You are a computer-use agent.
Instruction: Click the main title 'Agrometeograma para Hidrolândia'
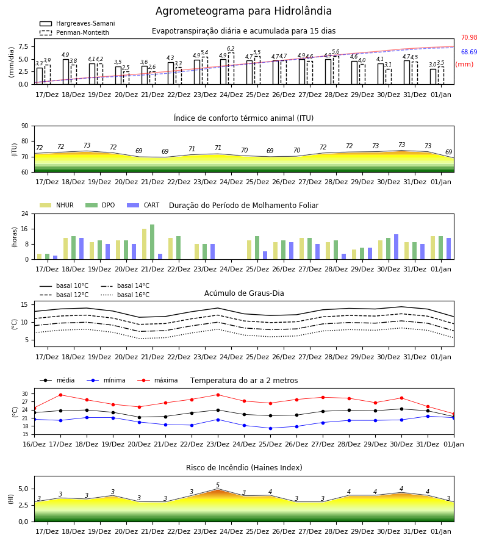coord(243,11)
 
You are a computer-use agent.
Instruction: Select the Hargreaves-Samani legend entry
coord(77,23)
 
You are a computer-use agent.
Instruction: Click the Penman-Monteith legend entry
coord(74,32)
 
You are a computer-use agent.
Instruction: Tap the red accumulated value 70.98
coord(469,37)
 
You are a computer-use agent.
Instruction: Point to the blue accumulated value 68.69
coord(469,52)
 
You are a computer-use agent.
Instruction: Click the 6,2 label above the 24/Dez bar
coord(231,49)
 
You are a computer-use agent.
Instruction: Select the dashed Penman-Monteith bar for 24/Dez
coord(231,68)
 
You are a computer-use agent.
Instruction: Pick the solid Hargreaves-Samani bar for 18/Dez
coord(66,72)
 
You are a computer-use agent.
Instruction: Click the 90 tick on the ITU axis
coord(25,126)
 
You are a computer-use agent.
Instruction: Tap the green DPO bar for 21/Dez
coord(152,242)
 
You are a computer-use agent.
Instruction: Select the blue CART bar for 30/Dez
coord(396,247)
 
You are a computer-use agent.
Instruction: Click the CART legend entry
coord(143,205)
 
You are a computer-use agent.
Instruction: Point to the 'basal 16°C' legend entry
coord(125,295)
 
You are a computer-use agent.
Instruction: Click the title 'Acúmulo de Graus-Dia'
coord(244,293)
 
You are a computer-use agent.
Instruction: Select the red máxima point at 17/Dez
coord(60,395)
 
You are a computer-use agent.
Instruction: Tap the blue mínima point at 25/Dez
coord(270,428)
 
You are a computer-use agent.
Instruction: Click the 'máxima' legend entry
coord(157,380)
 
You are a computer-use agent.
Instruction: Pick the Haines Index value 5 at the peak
coord(218,485)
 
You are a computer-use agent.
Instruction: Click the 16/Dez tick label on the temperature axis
coord(34,444)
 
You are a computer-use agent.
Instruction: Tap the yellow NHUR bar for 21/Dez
coord(144,244)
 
